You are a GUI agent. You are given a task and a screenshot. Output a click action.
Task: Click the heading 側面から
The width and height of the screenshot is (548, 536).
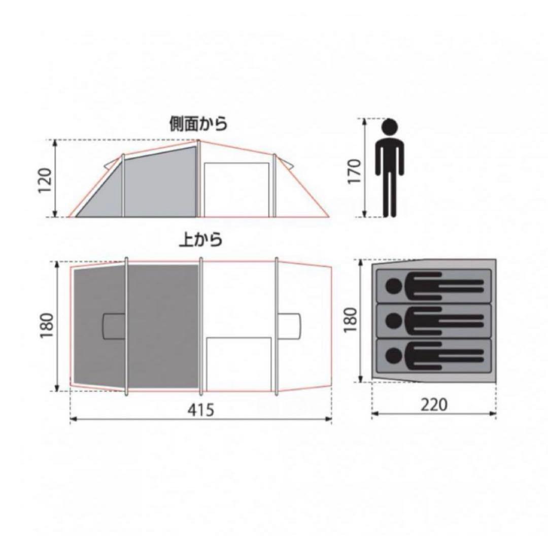(198, 123)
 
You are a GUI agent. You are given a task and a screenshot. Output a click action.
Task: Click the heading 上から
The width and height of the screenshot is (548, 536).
(201, 239)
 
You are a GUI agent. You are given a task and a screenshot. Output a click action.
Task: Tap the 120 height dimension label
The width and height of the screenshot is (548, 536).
(45, 180)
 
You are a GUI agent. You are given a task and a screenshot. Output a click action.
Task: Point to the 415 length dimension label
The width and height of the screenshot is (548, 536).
(200, 410)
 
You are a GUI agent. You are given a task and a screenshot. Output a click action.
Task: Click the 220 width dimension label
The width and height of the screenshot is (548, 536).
(434, 405)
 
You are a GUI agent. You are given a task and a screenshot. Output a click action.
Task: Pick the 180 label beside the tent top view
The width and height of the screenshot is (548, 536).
(46, 326)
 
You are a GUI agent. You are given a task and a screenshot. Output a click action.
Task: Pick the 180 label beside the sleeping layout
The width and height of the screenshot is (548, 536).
(351, 320)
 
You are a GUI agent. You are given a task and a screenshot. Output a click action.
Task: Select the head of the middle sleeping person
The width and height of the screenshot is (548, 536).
(393, 320)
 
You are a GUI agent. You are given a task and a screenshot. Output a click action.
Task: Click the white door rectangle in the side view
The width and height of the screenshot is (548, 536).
(236, 189)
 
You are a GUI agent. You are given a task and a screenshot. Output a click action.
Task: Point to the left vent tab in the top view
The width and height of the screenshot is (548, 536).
(114, 326)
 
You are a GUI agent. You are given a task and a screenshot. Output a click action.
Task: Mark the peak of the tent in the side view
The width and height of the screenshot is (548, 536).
(199, 142)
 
